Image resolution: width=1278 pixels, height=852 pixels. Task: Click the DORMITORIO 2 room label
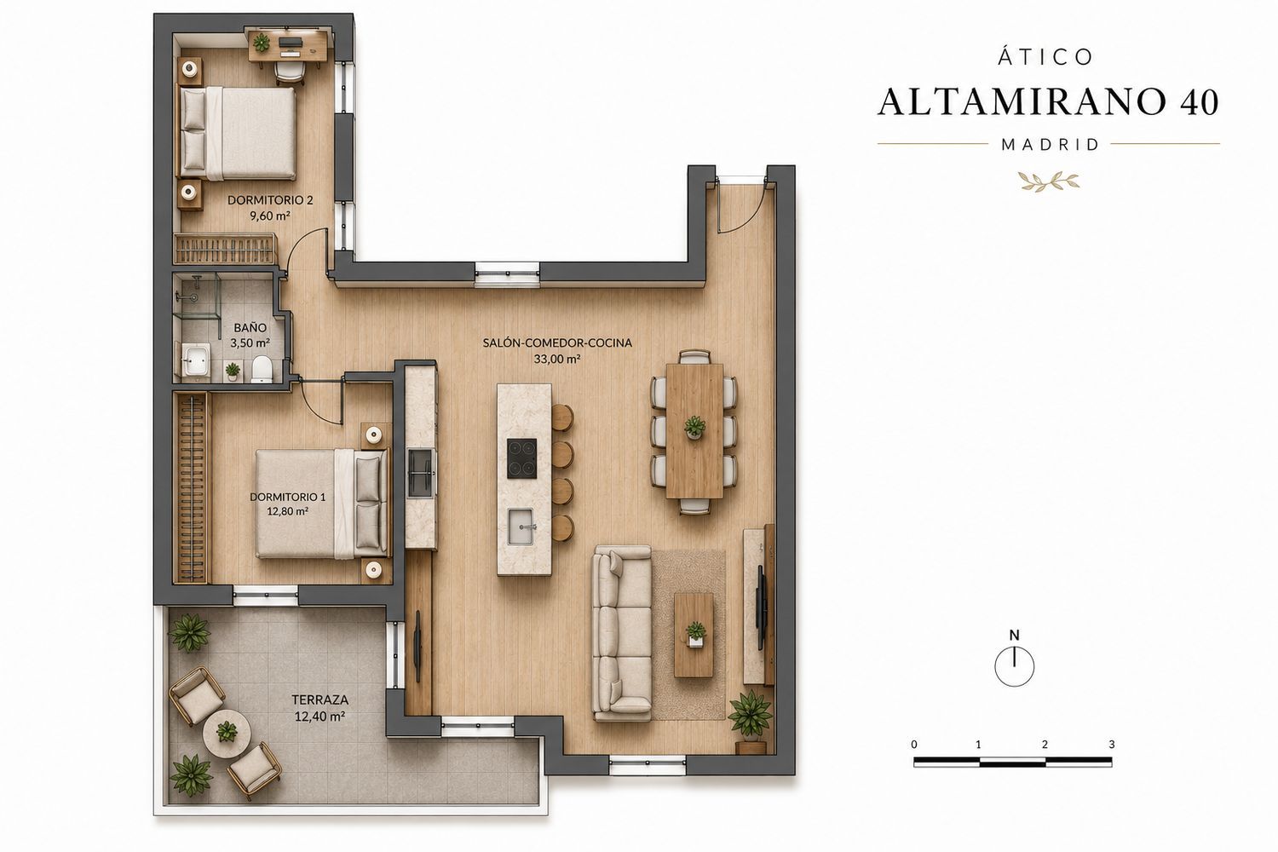270,200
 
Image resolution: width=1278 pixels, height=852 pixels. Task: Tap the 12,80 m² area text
288,511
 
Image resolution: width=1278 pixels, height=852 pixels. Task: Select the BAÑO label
250,327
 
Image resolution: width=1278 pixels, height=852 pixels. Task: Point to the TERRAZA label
319,699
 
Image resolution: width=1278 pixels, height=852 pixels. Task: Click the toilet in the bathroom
262,369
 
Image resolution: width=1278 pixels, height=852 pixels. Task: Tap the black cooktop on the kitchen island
522,458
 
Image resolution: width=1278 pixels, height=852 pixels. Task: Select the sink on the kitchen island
521,527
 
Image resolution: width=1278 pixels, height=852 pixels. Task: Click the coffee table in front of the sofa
694,635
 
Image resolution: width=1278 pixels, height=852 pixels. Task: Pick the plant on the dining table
694,426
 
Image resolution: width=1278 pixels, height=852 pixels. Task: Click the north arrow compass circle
1015,666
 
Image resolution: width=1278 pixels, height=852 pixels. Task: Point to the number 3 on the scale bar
1111,744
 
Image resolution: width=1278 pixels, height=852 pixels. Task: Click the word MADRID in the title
1050,144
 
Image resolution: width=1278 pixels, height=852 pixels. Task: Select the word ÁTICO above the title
1045,56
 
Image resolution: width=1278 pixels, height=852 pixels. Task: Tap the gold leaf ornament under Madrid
1049,181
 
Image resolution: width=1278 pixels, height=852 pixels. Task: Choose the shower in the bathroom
196,303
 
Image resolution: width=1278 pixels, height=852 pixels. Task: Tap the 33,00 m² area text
557,359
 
